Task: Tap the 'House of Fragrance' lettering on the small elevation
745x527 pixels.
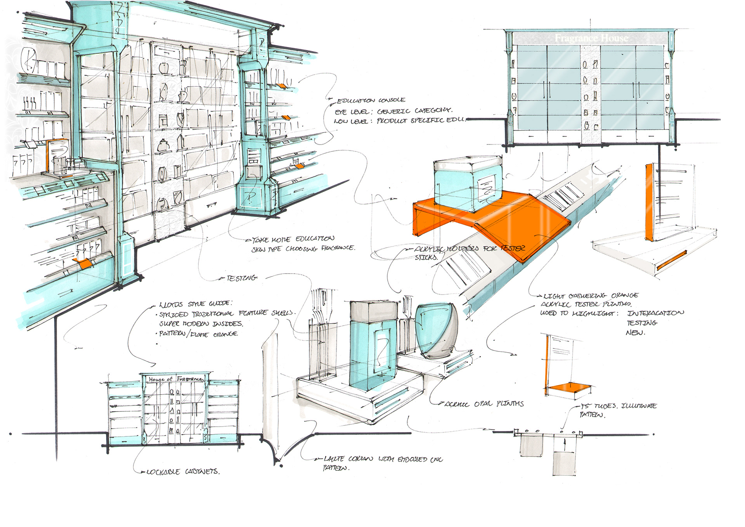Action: (175, 379)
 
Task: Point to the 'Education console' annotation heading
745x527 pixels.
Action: (371, 100)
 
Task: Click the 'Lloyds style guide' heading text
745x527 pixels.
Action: (196, 304)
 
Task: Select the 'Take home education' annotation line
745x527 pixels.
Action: (293, 239)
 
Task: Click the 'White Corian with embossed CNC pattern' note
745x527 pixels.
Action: (383, 460)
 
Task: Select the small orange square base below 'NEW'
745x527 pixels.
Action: (570, 387)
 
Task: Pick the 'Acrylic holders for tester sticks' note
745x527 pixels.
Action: (470, 249)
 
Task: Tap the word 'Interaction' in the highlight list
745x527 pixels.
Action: (655, 313)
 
